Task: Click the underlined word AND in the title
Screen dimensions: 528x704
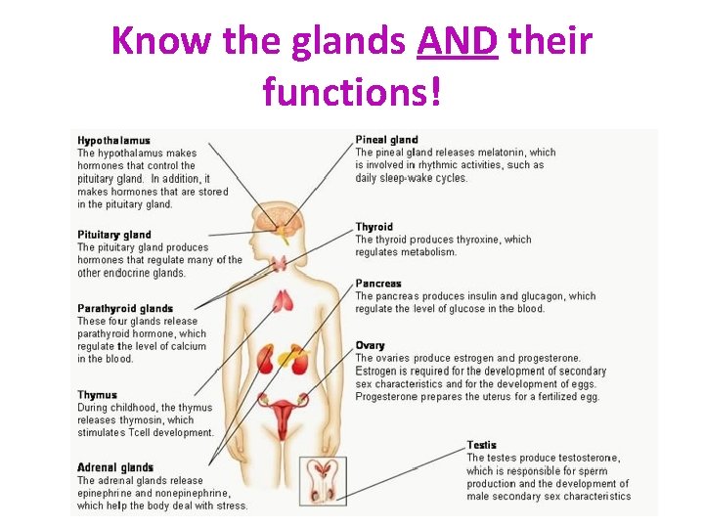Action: coord(458,42)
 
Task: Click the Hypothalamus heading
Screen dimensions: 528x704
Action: coord(113,140)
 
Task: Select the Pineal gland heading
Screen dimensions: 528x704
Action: coord(386,140)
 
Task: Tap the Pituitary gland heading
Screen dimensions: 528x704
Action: coord(114,235)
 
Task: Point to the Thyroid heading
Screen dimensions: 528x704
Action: coord(374,227)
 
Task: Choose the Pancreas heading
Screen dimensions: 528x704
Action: coord(378,284)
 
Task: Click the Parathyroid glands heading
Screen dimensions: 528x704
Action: coord(125,309)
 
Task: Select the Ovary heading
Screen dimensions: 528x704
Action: coord(370,345)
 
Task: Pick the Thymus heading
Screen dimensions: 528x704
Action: coord(97,395)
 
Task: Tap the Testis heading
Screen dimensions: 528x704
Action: coord(481,445)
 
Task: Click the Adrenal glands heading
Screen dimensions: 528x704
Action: coord(115,467)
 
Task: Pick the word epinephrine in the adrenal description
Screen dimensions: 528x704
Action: coord(107,493)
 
